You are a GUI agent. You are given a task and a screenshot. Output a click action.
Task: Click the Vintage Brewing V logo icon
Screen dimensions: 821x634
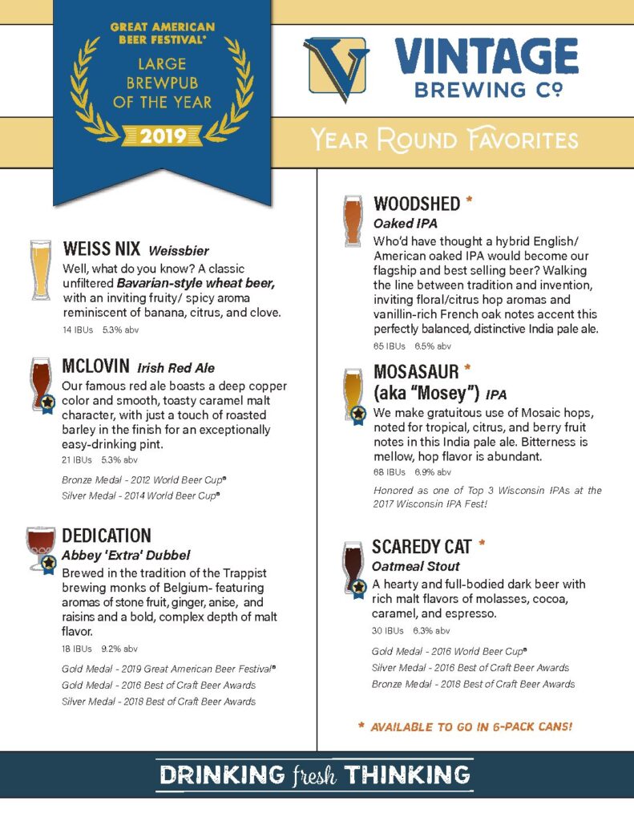pos(337,69)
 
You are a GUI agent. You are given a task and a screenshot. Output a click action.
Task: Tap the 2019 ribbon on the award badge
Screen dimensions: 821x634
pos(163,135)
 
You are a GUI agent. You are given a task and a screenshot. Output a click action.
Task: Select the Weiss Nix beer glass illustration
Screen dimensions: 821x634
pos(40,269)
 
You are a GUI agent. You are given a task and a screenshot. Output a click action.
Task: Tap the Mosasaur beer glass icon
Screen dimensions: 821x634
pos(353,393)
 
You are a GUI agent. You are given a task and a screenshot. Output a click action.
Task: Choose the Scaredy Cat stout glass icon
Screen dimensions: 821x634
pos(353,568)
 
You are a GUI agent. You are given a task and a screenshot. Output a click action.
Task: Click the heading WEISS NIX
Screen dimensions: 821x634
pos(103,249)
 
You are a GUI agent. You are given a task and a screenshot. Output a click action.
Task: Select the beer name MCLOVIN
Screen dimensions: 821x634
pos(95,367)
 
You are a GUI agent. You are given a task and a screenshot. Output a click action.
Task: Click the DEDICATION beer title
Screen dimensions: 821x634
pos(107,535)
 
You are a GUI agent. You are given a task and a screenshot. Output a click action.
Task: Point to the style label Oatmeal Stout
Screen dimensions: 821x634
pos(415,567)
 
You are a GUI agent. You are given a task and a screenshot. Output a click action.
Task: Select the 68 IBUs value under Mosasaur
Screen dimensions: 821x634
pos(390,471)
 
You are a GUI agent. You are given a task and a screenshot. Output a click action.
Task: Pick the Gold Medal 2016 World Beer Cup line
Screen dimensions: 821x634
pos(449,651)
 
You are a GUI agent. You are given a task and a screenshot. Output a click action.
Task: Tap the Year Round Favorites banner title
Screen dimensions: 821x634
pos(445,140)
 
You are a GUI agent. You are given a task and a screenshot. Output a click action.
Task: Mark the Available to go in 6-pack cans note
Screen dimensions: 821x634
pos(465,726)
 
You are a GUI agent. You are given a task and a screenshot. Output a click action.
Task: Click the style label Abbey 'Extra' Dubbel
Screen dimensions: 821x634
pos(126,555)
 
